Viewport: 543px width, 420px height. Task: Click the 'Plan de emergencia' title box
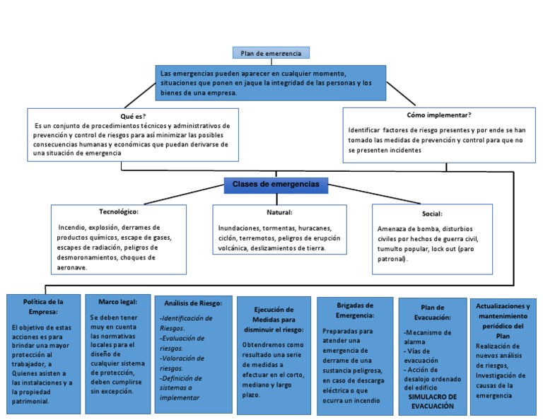[271, 53]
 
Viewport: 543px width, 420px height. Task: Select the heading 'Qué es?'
[133, 115]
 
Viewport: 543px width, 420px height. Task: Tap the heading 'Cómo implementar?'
[438, 115]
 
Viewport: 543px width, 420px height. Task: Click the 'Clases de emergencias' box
[276, 185]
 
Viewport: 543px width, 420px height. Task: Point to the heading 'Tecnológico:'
[119, 211]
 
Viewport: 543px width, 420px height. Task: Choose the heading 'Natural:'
[279, 212]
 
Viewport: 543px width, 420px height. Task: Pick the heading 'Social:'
[431, 213]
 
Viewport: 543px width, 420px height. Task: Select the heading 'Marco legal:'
[113, 301]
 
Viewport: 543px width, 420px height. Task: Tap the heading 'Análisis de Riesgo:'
[193, 303]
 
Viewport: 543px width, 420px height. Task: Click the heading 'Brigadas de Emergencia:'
[355, 310]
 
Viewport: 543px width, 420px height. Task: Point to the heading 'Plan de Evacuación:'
[432, 313]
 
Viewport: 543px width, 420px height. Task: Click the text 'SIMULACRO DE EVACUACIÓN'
[432, 402]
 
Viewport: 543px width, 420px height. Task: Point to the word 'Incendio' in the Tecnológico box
[73, 228]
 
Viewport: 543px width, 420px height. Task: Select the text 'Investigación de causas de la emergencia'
[503, 385]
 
